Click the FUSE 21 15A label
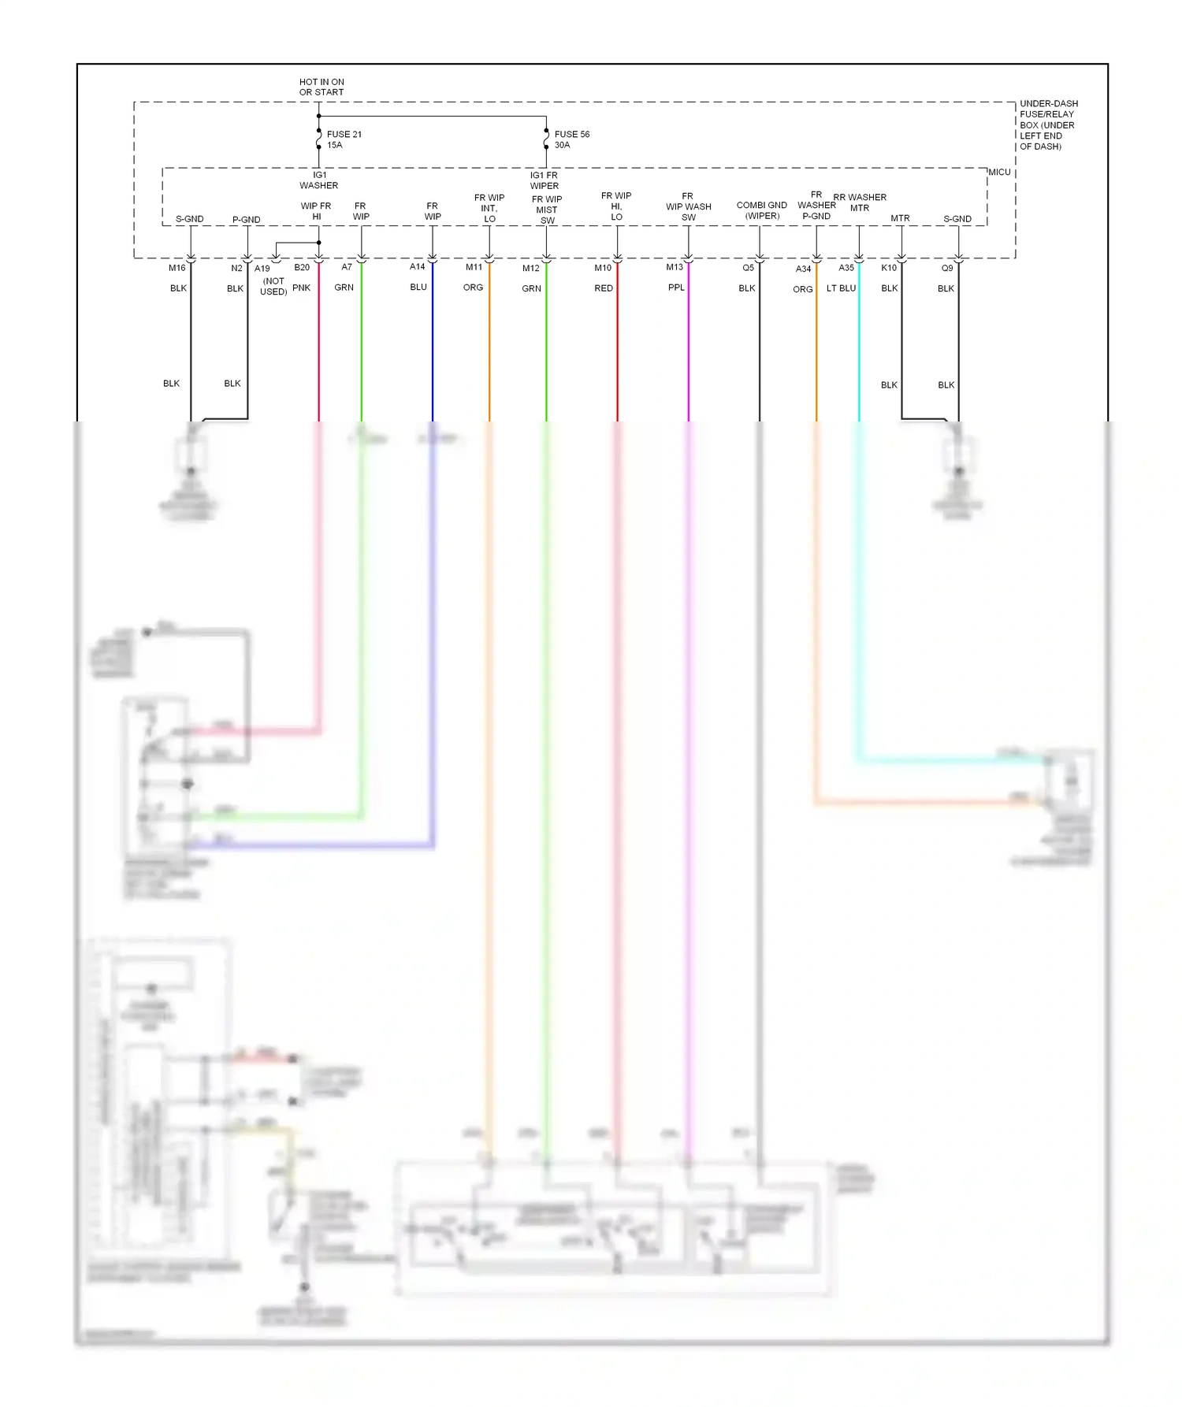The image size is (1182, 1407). tap(344, 139)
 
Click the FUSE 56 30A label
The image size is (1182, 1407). tap(571, 139)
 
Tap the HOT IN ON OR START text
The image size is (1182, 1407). tap(322, 87)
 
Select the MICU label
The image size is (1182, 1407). tap(999, 172)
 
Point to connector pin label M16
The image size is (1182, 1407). tap(177, 268)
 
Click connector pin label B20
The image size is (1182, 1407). tap(302, 267)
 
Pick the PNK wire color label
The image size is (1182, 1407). tap(301, 288)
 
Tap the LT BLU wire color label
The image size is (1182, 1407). tap(841, 288)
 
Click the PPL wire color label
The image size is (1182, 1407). tap(676, 288)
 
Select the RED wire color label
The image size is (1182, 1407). tap(604, 288)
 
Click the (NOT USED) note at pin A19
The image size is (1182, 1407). tap(273, 286)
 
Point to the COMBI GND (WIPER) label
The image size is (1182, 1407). tap(761, 210)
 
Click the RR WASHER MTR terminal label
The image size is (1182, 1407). tap(860, 202)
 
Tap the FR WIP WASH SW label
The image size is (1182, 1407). tap(688, 206)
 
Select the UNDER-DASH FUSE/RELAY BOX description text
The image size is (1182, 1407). tap(1048, 124)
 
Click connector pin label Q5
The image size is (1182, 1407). tap(748, 268)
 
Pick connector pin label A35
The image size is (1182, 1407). tap(846, 268)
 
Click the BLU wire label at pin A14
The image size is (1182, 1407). tap(418, 287)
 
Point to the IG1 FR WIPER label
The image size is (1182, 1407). tap(544, 180)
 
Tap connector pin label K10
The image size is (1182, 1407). tap(889, 268)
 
